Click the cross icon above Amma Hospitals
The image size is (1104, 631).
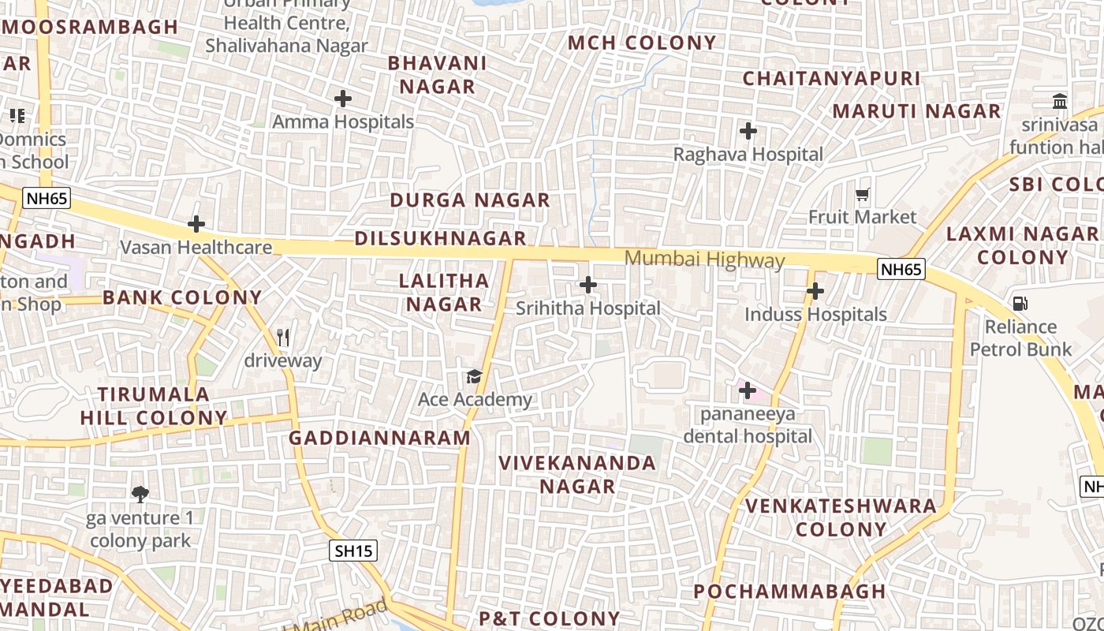click(342, 99)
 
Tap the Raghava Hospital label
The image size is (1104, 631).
click(748, 155)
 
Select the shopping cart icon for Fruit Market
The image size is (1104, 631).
click(863, 194)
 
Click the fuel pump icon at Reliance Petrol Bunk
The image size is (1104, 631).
click(1020, 304)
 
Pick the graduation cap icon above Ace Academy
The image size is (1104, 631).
click(474, 376)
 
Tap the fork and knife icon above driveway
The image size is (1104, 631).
click(284, 338)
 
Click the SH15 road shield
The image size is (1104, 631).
click(352, 551)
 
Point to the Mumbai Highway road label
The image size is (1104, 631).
click(704, 259)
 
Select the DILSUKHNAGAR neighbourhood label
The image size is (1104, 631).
click(440, 238)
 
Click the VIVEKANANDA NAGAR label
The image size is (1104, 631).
click(577, 475)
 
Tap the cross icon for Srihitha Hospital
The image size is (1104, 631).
click(588, 285)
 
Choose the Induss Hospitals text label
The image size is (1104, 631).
click(815, 315)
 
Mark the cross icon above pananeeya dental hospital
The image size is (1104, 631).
click(748, 390)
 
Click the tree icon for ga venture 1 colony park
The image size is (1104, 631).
click(140, 495)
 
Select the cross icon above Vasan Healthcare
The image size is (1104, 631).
click(196, 225)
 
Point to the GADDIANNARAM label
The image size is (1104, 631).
click(379, 439)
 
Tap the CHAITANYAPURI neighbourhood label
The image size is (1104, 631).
click(831, 79)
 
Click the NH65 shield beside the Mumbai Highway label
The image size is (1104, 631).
click(901, 270)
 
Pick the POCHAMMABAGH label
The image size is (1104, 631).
click(789, 592)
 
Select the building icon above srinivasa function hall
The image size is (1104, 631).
click(1060, 102)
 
